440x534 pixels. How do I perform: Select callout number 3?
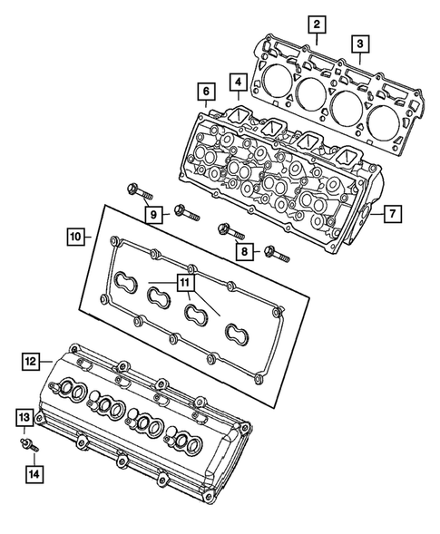(360, 43)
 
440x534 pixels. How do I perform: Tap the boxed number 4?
(237, 83)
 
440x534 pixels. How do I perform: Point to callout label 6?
(206, 92)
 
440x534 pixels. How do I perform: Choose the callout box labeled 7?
(392, 215)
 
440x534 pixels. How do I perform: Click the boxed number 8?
(242, 252)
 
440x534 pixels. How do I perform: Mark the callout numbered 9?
(155, 215)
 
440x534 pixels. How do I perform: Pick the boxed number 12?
(30, 361)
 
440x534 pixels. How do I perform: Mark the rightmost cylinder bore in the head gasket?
(380, 117)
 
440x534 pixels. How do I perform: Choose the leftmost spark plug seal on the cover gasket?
(127, 279)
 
